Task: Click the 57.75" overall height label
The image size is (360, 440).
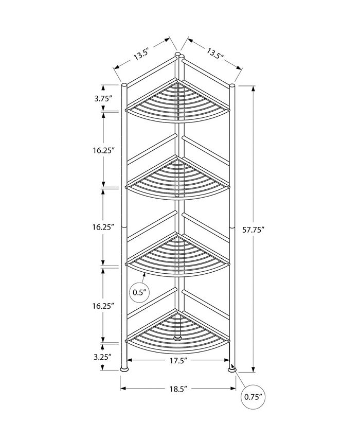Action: tap(254, 230)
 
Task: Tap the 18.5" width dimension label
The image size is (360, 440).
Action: tap(178, 389)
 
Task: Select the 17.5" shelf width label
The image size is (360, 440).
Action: tap(178, 361)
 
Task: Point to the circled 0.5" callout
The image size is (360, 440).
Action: tap(139, 293)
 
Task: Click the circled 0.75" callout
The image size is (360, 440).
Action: tap(253, 397)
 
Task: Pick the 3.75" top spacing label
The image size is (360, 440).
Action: tap(103, 98)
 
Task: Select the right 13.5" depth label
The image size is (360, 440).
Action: tap(215, 53)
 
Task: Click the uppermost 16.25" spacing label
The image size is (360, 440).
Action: tap(104, 150)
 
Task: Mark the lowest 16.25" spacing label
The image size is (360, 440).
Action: tap(103, 306)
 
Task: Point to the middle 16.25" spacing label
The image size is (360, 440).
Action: tap(103, 227)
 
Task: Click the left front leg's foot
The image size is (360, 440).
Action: tap(124, 368)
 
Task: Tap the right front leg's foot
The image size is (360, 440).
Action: tap(232, 369)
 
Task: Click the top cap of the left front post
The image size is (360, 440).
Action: tap(124, 85)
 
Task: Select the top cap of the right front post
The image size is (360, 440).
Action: tap(232, 85)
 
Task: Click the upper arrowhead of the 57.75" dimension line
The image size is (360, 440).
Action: tap(254, 89)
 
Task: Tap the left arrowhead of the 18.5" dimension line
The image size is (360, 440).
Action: tap(123, 389)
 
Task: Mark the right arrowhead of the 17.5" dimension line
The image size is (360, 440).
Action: tap(227, 360)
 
